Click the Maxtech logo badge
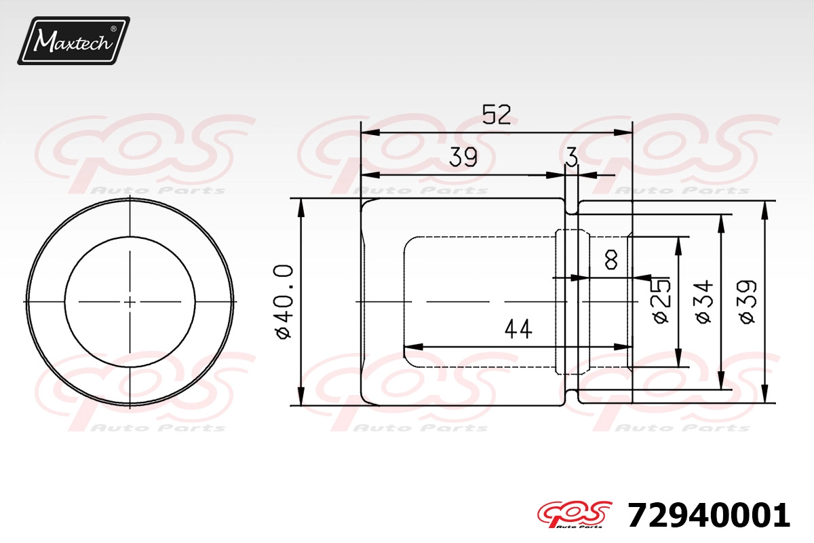[73, 41]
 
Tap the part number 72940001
[709, 515]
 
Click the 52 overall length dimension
[497, 115]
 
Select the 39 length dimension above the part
[463, 157]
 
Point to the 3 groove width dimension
[572, 157]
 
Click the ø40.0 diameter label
[284, 302]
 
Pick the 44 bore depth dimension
[518, 329]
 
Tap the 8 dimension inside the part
[612, 260]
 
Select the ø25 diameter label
[661, 301]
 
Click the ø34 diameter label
[705, 301]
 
